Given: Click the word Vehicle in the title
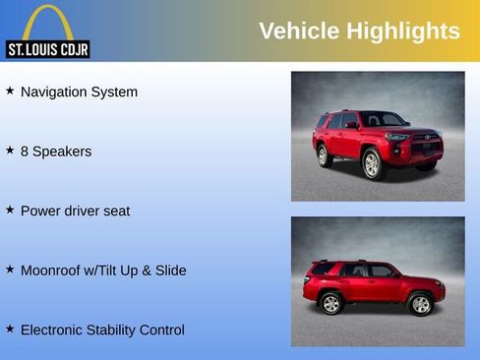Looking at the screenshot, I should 299,31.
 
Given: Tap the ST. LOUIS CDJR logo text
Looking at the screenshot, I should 47,49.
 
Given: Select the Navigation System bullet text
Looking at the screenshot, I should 79,91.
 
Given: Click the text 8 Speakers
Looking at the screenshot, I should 56,151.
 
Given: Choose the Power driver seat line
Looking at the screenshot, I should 75,210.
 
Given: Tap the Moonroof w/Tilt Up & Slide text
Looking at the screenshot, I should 103,270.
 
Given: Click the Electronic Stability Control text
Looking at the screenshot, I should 102,330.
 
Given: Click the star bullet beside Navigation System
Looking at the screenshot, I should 10,90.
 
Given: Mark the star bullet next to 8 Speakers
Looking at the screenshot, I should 10,150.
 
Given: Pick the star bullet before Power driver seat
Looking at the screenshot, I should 10,210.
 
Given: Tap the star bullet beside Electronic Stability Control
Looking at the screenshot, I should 10,329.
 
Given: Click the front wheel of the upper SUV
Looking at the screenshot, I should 373,164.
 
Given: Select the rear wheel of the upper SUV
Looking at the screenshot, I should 323,155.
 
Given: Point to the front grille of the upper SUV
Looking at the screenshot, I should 425,148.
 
